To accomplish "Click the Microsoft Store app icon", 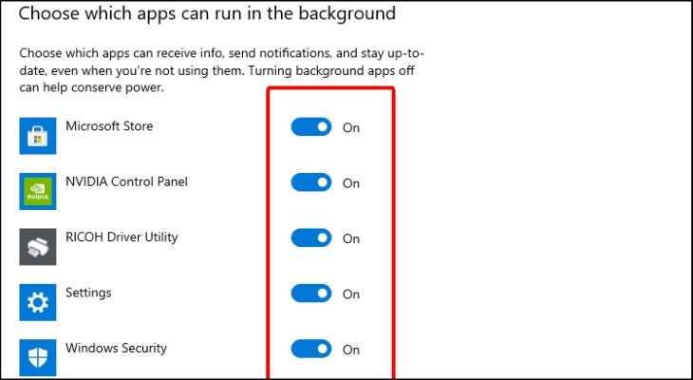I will click(x=39, y=135).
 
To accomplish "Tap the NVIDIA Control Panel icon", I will click(x=39, y=190).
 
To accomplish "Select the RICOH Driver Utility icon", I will click(x=39, y=246).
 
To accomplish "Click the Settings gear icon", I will click(x=39, y=302).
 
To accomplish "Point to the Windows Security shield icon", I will click(x=39, y=357).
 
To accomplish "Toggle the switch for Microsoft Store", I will click(x=311, y=127).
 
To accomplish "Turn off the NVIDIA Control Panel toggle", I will click(x=311, y=182).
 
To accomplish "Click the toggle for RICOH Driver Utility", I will click(x=311, y=237).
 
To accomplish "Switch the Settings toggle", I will click(x=311, y=294).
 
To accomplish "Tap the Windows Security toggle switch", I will click(x=311, y=349).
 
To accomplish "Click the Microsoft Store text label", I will click(x=109, y=125).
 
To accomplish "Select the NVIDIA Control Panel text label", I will click(x=126, y=181).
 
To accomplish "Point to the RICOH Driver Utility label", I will click(x=122, y=237).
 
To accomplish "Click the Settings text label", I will click(x=88, y=293).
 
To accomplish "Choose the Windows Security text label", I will click(x=116, y=348).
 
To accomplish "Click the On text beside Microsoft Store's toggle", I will click(x=351, y=128).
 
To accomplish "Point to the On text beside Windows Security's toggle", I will click(x=351, y=350).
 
